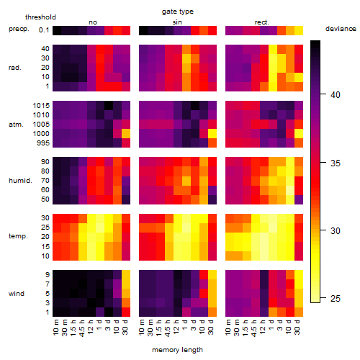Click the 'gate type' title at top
click(x=178, y=12)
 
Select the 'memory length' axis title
click(x=177, y=350)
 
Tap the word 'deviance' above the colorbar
click(x=341, y=29)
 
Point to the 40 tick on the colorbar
click(x=323, y=94)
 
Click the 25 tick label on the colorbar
click(x=336, y=299)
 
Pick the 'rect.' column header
click(x=261, y=22)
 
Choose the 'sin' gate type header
click(x=177, y=22)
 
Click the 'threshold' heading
click(x=40, y=17)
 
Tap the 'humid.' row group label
click(x=20, y=181)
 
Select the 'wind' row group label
click(x=17, y=294)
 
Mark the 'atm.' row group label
click(x=16, y=125)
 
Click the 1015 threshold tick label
click(x=41, y=106)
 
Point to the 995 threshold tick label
click(x=43, y=143)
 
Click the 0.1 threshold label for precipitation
click(x=44, y=30)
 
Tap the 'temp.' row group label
click(x=18, y=236)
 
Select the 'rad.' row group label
click(x=15, y=68)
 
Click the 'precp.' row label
click(x=19, y=29)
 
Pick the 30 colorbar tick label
click(x=336, y=231)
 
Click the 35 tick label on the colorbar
click(x=336, y=163)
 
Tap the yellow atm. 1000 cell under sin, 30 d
click(x=212, y=134)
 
